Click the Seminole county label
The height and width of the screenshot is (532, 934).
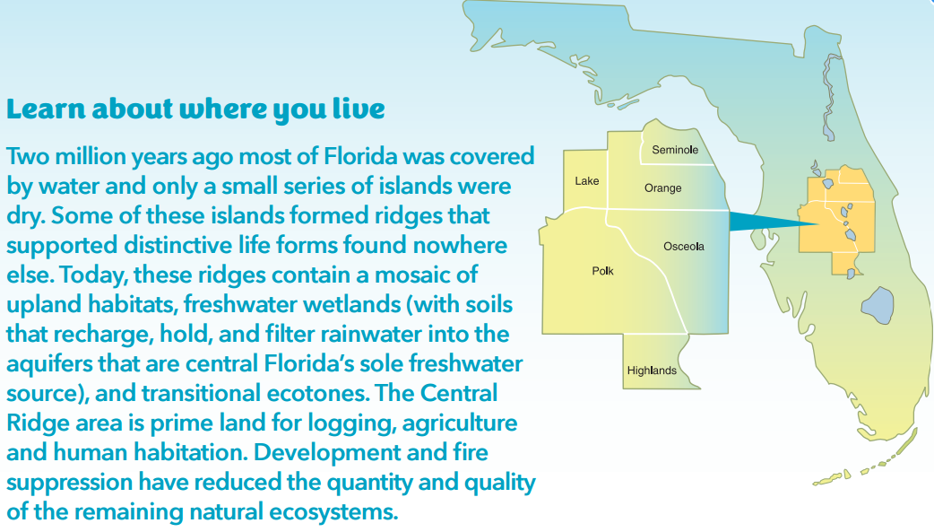[675, 150]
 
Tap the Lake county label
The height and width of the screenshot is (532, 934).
[587, 180]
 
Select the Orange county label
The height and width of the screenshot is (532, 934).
[663, 188]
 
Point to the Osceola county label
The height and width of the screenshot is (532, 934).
[684, 247]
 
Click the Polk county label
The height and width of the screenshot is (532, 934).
[603, 271]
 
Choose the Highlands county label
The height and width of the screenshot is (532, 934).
[652, 371]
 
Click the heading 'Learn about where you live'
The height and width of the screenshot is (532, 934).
[195, 109]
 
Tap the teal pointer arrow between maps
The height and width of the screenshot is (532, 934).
[774, 222]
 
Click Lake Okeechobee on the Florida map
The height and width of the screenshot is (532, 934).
[878, 305]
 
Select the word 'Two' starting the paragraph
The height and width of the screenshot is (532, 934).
[28, 156]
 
